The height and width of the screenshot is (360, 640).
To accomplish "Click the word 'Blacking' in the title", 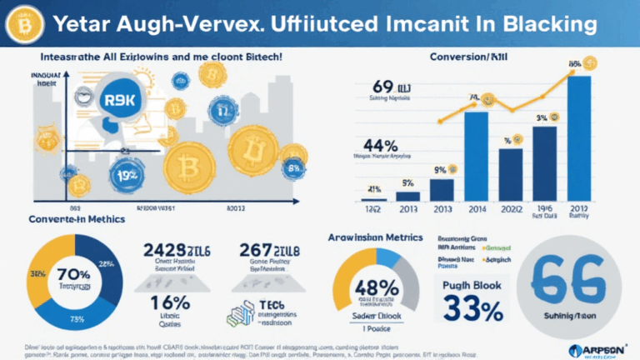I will [546, 24].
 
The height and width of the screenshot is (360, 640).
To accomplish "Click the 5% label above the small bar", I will [407, 183].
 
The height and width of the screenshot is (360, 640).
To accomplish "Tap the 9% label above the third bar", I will [440, 170].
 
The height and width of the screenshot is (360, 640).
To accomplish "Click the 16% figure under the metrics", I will [164, 301].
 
